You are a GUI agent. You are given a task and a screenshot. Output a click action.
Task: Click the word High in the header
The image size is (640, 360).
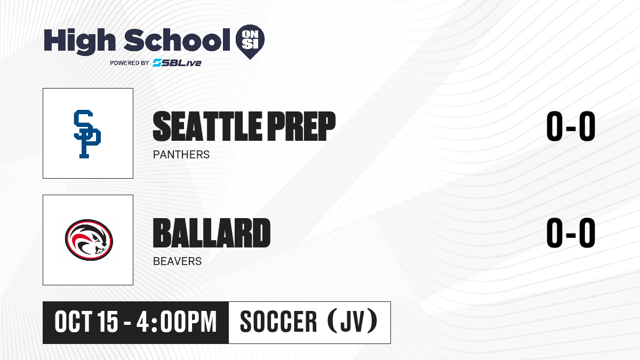click(x=79, y=42)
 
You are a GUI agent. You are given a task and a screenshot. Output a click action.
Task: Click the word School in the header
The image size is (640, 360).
click(x=177, y=40)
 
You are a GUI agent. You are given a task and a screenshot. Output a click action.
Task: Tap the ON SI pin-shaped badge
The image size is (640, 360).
click(x=250, y=42)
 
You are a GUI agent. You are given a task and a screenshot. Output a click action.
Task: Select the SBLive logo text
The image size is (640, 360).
click(x=177, y=63)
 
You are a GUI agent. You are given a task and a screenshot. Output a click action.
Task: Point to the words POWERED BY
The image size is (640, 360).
click(x=130, y=63)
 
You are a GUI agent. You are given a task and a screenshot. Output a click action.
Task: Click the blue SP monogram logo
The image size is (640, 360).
click(x=87, y=134)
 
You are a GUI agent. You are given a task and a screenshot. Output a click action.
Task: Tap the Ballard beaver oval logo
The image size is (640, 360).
click(x=89, y=240)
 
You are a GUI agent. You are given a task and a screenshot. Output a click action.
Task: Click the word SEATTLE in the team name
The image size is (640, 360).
click(x=207, y=126)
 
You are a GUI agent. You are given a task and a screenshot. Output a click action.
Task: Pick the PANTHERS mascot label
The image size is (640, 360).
click(x=181, y=155)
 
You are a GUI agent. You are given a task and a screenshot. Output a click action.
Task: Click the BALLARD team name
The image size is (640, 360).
click(x=212, y=233)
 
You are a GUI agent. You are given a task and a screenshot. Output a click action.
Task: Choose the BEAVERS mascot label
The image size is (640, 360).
click(x=177, y=261)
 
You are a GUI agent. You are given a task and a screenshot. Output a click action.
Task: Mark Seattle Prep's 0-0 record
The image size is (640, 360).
click(x=571, y=126)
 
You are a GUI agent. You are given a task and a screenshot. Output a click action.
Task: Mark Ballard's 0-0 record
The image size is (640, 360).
click(x=571, y=233)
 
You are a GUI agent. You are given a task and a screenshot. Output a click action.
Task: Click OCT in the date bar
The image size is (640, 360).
click(x=74, y=322)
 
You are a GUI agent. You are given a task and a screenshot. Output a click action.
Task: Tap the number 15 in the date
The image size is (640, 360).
click(x=107, y=322)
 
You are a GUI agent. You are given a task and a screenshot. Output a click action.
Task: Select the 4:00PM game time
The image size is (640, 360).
click(x=177, y=322)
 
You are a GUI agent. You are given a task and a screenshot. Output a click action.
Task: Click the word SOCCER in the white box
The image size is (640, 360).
click(x=278, y=322)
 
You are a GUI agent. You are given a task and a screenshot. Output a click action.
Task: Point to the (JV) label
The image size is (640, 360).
click(x=353, y=322)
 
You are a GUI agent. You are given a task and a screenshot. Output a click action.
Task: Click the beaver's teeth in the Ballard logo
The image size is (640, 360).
click(x=101, y=252)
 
